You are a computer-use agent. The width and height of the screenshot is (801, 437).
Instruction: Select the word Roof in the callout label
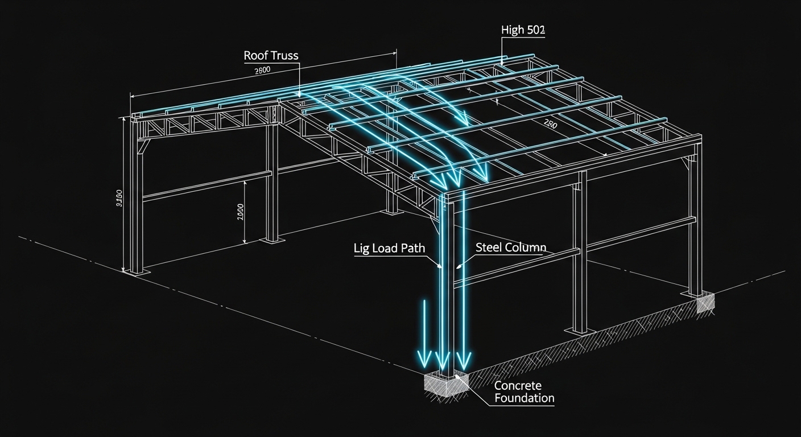tap(255, 56)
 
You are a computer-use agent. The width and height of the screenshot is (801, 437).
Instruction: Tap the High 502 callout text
tap(523, 30)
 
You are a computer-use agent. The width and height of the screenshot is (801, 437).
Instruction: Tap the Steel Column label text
tap(510, 248)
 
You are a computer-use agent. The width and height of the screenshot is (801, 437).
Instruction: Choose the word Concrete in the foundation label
tap(518, 386)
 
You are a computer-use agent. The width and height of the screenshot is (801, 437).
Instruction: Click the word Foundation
tap(524, 398)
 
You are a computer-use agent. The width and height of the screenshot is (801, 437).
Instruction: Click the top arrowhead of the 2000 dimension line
tap(245, 182)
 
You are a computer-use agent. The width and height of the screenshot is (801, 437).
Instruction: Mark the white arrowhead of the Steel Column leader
tap(457, 265)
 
